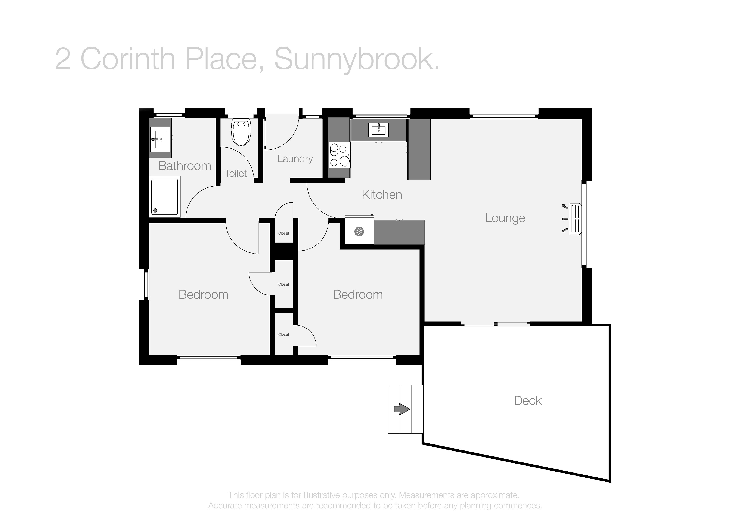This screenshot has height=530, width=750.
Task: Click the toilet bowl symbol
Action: (x=241, y=132)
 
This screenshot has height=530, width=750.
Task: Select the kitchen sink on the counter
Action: (x=379, y=130)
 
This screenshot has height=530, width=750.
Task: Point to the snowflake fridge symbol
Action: (x=359, y=232)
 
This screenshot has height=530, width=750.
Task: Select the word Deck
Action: (x=528, y=400)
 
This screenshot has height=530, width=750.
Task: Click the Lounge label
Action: (x=505, y=218)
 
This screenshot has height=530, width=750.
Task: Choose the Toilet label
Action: (x=236, y=173)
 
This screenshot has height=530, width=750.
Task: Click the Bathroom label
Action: (x=185, y=166)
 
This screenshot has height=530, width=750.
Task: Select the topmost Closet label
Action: (x=283, y=233)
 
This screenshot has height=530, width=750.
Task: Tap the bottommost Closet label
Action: (x=283, y=334)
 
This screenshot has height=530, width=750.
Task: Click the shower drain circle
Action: (x=155, y=211)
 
